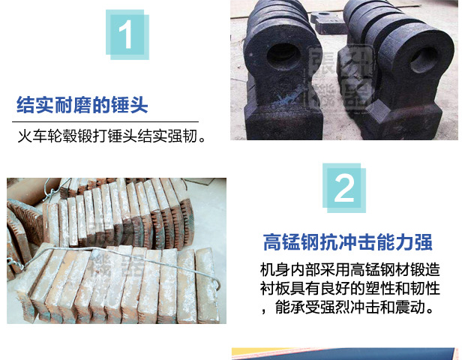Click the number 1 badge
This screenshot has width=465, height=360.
pyautogui.click(x=127, y=34)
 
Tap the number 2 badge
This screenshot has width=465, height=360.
pyautogui.click(x=344, y=188)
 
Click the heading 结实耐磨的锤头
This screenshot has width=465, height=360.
pyautogui.click(x=82, y=105)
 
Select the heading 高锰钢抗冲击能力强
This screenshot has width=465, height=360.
pyautogui.click(x=347, y=242)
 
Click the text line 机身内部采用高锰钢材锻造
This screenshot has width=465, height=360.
pyautogui.click(x=350, y=269)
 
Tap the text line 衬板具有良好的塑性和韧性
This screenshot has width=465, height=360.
pyautogui.click(x=350, y=288)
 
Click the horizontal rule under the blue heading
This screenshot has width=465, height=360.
pyautogui.click(x=105, y=121)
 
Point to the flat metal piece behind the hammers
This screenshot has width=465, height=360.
pyautogui.click(x=328, y=22)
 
